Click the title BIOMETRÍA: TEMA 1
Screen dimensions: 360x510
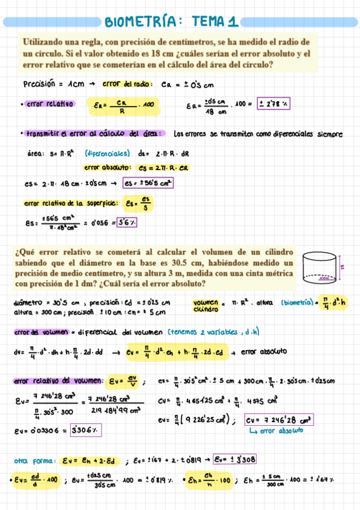pyautogui.click(x=171, y=22)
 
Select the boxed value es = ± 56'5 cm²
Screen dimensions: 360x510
pyautogui.click(x=148, y=183)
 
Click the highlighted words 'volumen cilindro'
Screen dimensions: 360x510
pyautogui.click(x=204, y=306)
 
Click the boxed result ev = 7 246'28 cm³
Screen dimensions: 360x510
pyautogui.click(x=279, y=420)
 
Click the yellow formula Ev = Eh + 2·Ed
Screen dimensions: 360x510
pyautogui.click(x=91, y=461)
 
